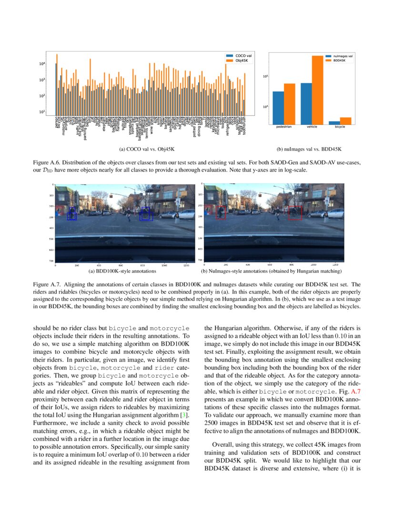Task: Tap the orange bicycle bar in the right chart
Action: [345, 121]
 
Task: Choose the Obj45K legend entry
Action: [238, 60]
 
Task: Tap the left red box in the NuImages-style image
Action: [221, 212]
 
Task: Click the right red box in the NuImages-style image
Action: [295, 213]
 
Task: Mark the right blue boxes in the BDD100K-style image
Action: [146, 214]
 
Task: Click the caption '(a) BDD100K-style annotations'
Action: [126, 271]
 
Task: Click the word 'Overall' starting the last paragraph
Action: [222, 444]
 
